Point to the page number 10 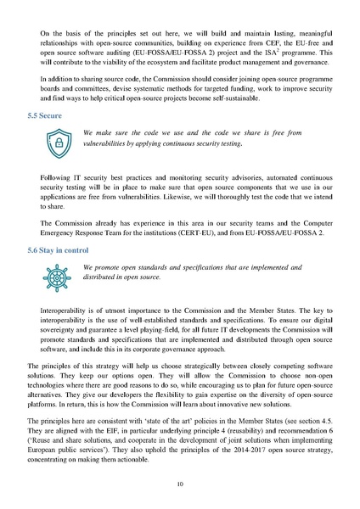(x=180, y=484)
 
